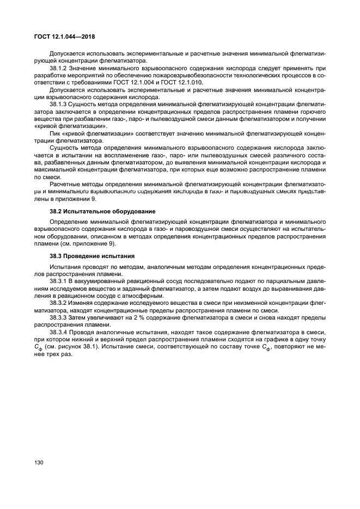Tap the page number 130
tap(39, 462)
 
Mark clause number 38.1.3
tap(59, 103)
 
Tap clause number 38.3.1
tap(59, 281)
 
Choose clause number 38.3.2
tap(59, 302)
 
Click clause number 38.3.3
tap(59, 316)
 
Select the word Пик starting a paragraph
tap(55, 132)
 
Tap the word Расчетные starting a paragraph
tap(65, 183)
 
